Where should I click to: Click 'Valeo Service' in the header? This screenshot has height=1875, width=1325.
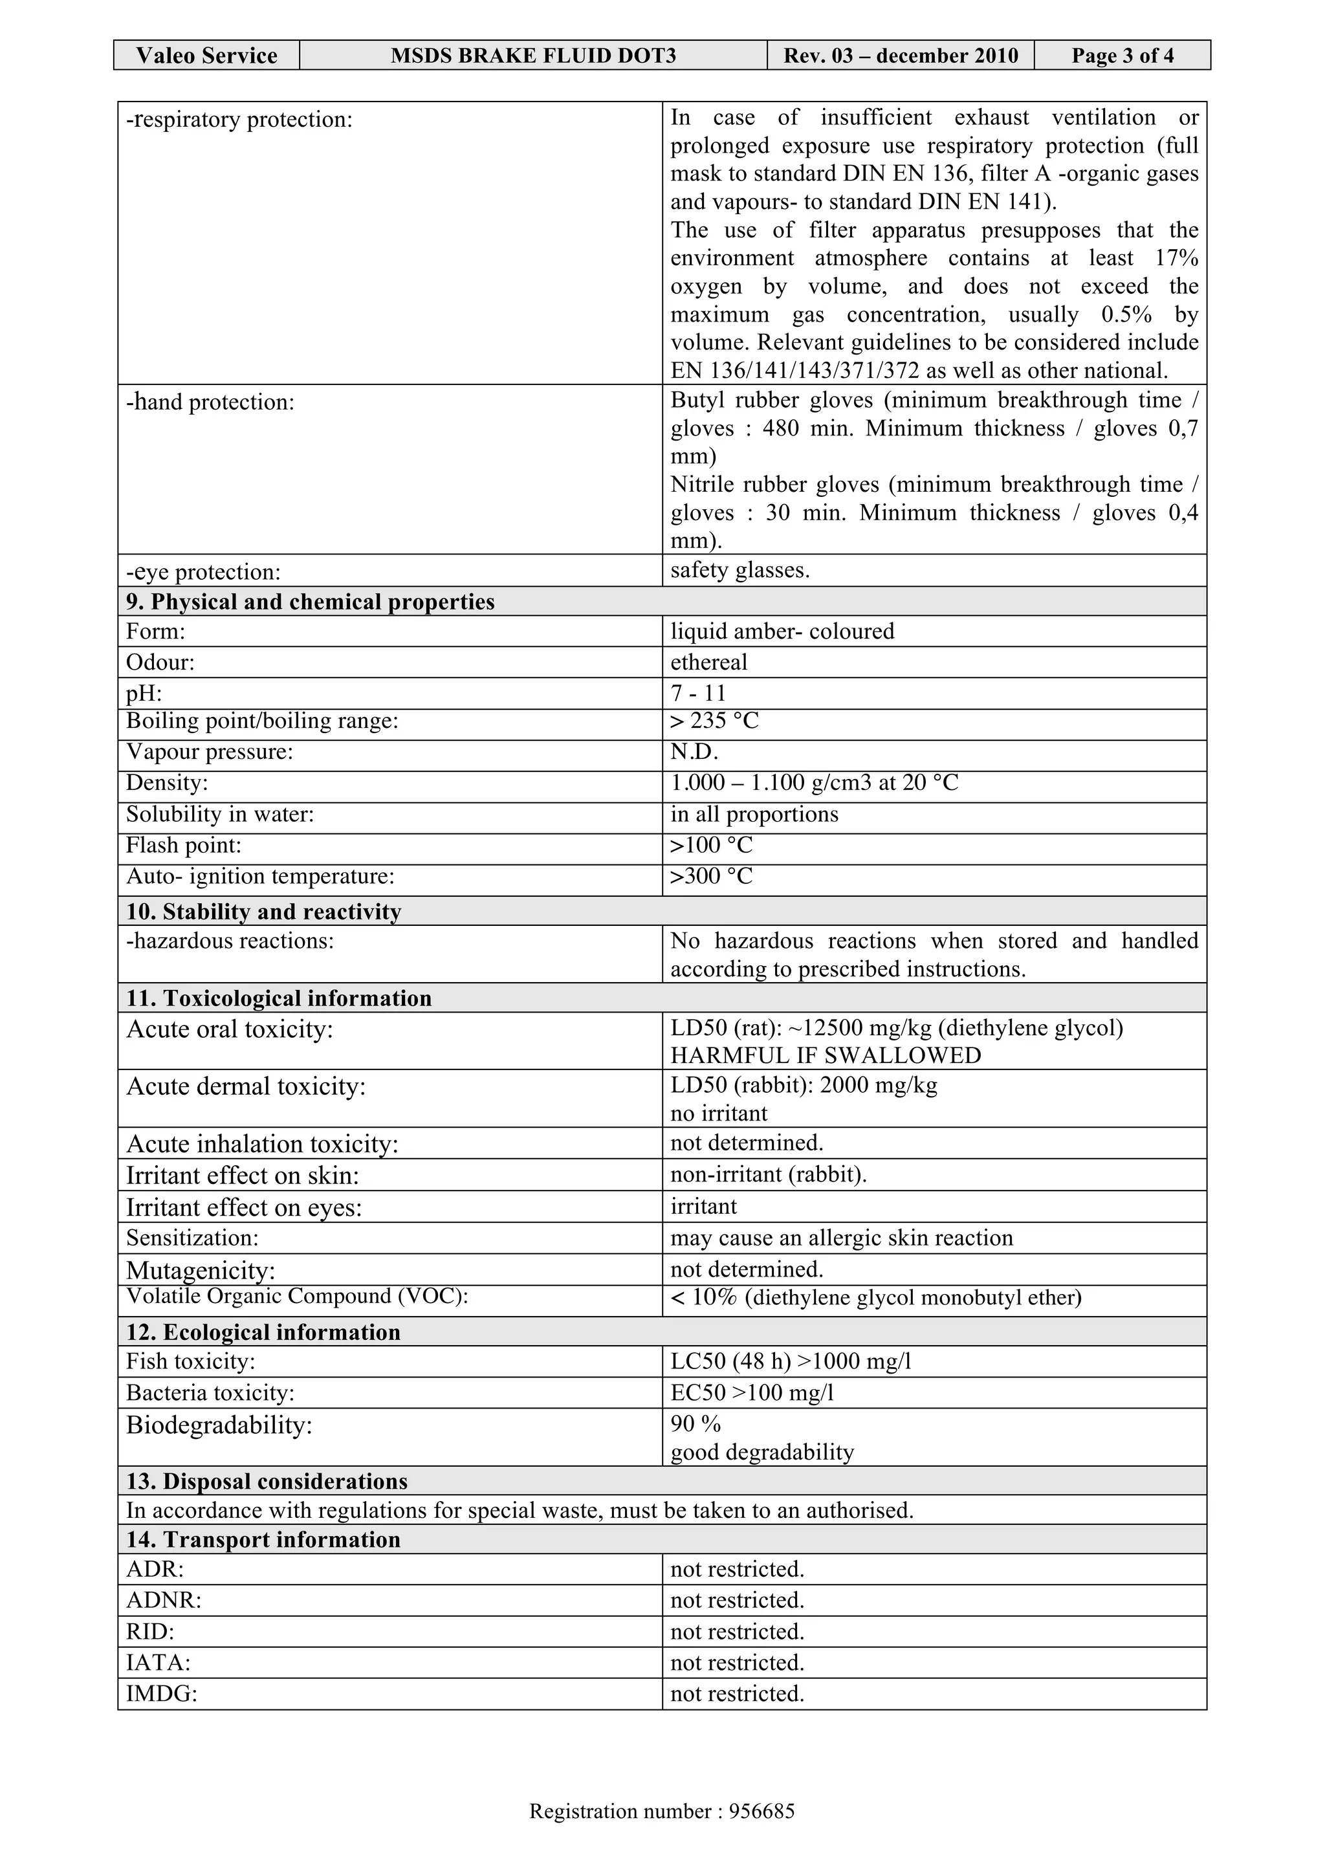206,56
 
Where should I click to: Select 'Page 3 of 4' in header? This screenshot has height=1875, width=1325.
1122,56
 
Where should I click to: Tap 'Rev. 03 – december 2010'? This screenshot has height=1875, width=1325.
901,56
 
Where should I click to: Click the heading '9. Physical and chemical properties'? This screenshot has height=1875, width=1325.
311,602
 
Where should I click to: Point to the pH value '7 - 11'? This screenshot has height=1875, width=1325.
698,694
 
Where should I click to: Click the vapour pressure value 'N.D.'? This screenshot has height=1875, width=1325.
694,752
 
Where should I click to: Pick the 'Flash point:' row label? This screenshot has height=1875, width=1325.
184,845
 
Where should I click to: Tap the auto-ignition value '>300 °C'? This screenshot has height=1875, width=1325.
711,876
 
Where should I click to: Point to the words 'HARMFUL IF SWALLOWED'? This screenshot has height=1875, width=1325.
826,1056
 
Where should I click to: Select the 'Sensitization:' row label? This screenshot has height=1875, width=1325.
192,1238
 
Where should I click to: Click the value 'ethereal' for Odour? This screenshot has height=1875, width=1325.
708,663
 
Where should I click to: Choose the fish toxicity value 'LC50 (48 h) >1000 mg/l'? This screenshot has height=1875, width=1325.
790,1361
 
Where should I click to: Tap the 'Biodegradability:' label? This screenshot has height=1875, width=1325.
219,1425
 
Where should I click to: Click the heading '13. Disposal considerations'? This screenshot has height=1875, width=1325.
266,1482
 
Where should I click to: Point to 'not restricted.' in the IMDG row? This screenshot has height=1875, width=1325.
737,1694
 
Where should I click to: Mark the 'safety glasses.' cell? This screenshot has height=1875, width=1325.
739,570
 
